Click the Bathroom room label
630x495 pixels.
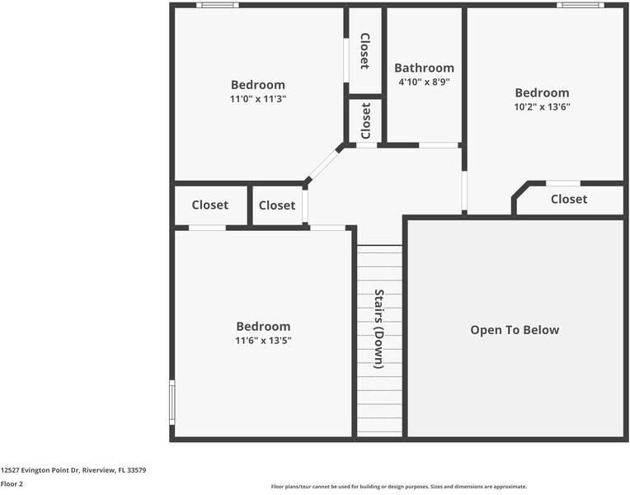pyautogui.click(x=424, y=68)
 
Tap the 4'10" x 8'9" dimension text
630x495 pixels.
pyautogui.click(x=424, y=82)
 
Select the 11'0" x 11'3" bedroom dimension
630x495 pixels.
pyautogui.click(x=258, y=98)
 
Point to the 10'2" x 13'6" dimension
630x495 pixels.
pyautogui.click(x=542, y=106)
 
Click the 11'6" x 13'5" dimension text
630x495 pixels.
pyautogui.click(x=263, y=340)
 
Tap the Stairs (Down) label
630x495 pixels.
pyautogui.click(x=379, y=328)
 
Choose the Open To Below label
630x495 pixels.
pyautogui.click(x=515, y=330)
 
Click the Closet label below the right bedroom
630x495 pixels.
pyautogui.click(x=569, y=199)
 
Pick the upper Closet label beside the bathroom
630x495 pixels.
pyautogui.click(x=364, y=50)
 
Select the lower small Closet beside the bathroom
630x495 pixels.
pyautogui.click(x=366, y=121)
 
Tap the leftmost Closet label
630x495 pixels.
pyautogui.click(x=210, y=205)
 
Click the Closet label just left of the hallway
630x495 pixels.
pyautogui.click(x=277, y=205)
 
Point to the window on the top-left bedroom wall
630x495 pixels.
pyautogui.click(x=218, y=5)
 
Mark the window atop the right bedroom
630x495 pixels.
pyautogui.click(x=580, y=5)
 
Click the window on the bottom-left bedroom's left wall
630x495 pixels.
pyautogui.click(x=172, y=401)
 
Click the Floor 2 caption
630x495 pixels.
pyautogui.click(x=12, y=483)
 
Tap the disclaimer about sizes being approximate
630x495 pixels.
pyautogui.click(x=399, y=487)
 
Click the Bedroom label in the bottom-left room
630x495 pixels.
pyautogui.click(x=263, y=326)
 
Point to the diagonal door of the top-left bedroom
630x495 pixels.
pyautogui.click(x=324, y=164)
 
